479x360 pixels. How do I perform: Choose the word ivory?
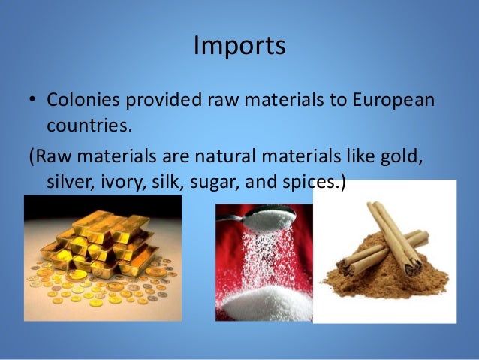click(x=123, y=183)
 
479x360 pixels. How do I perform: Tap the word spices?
click(x=308, y=183)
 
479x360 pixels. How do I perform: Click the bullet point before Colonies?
click(x=34, y=101)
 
